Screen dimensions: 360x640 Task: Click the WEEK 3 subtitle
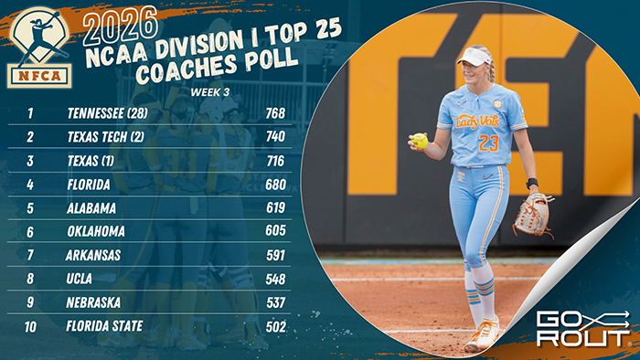click(x=211, y=91)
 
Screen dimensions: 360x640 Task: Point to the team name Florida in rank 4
click(x=90, y=185)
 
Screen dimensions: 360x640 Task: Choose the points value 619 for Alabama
click(x=274, y=207)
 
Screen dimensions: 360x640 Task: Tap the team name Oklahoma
click(x=96, y=231)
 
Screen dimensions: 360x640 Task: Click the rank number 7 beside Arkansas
click(x=30, y=255)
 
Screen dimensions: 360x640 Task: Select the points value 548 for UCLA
click(x=274, y=279)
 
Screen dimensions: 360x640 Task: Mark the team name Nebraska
click(x=95, y=302)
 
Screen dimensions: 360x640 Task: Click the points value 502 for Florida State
click(x=274, y=325)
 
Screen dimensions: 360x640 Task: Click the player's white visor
click(x=475, y=57)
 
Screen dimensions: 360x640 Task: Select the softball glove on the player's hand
click(x=532, y=214)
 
